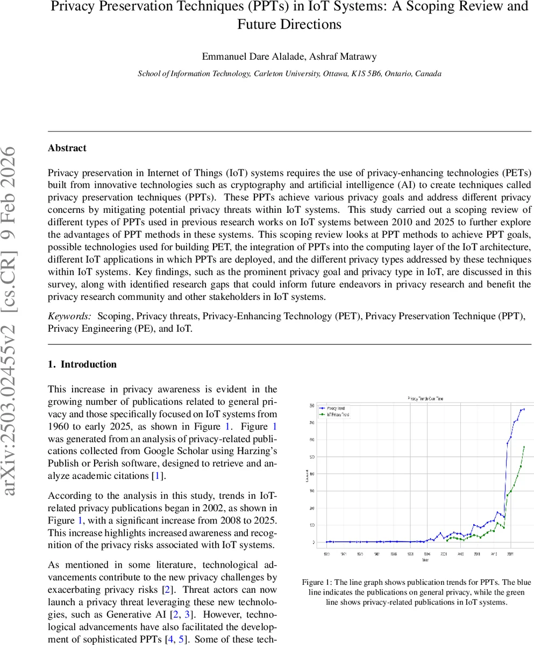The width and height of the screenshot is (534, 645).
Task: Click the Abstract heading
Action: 67,148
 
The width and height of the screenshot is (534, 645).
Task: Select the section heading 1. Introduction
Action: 82,364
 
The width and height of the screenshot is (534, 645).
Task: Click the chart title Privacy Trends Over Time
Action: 425,398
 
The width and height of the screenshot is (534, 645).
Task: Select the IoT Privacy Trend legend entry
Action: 338,415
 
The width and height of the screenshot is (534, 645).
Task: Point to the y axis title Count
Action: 307,475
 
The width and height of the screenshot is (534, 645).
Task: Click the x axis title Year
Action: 425,560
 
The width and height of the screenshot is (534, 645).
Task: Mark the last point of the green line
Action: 524,447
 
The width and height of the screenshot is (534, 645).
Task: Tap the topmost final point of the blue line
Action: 524,409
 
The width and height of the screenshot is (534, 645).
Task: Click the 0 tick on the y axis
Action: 313,542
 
